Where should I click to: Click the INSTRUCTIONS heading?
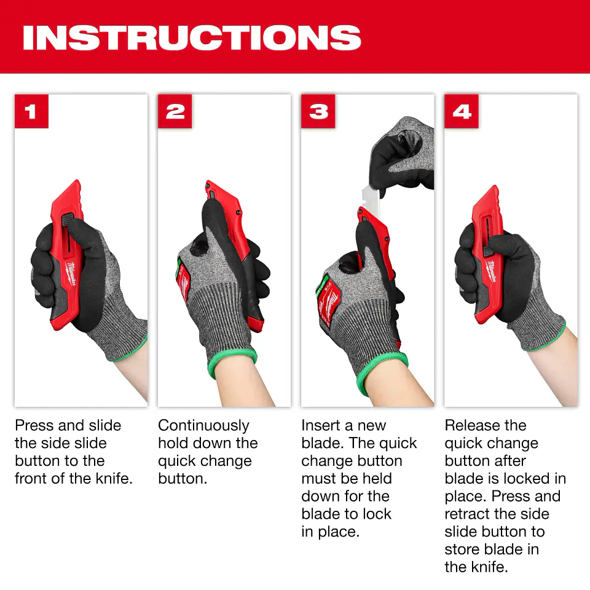[x=192, y=37]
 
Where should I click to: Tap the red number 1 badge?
[x=31, y=111]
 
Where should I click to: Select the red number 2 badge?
[x=175, y=111]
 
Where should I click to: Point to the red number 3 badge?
[x=318, y=111]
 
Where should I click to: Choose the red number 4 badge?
[x=462, y=111]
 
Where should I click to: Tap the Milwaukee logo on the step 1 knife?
[x=71, y=273]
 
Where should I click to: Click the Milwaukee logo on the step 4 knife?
[x=492, y=271]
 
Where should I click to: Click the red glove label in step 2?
[x=183, y=282]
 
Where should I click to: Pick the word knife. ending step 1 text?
[x=114, y=479]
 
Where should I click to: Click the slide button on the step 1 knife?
[x=68, y=219]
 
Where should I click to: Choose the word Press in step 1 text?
[x=34, y=425]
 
